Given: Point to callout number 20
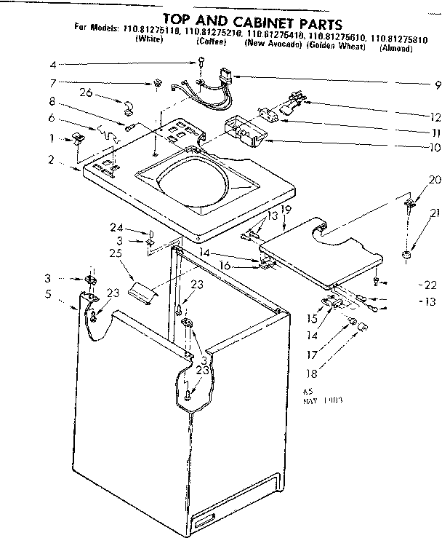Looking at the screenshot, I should [414, 179].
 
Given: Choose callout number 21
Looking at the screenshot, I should [414, 213].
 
